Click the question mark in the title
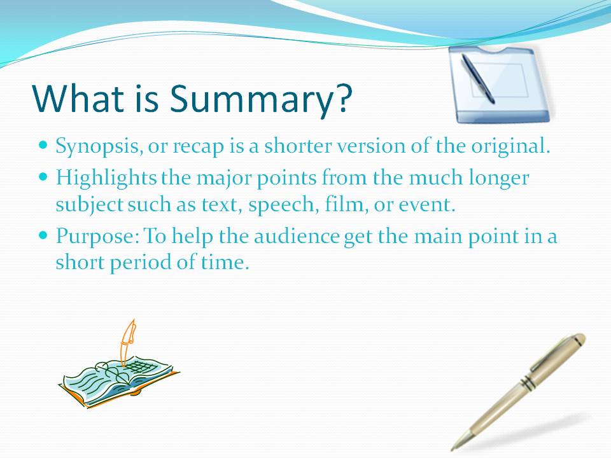pyautogui.click(x=343, y=97)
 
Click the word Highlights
pyautogui.click(x=106, y=178)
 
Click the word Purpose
pyautogui.click(x=97, y=237)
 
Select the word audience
pyautogui.click(x=297, y=236)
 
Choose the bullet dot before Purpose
pyautogui.click(x=43, y=235)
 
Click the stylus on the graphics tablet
pyautogui.click(x=478, y=79)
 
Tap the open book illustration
pyautogui.click(x=119, y=382)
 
